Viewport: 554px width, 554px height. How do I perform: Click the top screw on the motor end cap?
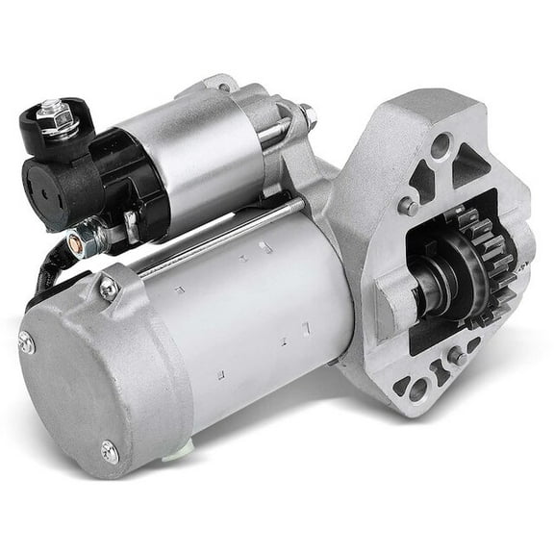click(x=109, y=286)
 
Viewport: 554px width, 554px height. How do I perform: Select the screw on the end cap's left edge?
click(x=26, y=340)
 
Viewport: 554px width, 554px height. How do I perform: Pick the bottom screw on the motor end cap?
click(x=111, y=448)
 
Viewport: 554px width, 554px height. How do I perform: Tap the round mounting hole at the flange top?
click(x=439, y=147)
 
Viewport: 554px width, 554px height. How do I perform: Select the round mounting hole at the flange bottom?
click(x=417, y=390)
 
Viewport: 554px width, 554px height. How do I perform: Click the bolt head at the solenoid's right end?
click(x=308, y=118)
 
